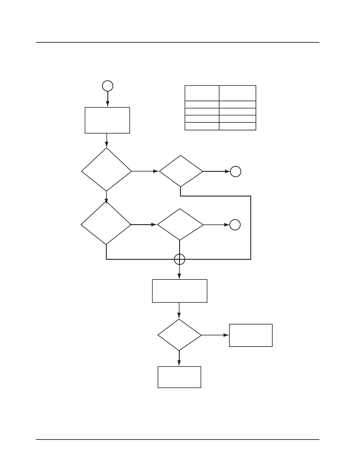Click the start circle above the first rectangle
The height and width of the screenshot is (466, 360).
click(108, 86)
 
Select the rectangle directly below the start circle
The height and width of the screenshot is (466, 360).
click(107, 120)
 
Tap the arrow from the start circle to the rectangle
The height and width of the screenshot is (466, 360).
click(108, 99)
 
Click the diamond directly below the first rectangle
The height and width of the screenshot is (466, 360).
click(106, 170)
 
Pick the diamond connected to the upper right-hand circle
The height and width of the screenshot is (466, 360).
click(181, 171)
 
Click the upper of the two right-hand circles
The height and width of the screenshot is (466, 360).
click(236, 171)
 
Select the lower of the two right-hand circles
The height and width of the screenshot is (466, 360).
click(235, 225)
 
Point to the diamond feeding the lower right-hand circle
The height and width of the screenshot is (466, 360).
click(180, 225)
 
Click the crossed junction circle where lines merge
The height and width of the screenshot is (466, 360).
click(180, 259)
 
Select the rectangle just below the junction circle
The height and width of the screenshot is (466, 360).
click(180, 291)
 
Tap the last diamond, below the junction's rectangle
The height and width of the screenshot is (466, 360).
click(179, 335)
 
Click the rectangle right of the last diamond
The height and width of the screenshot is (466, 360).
click(251, 335)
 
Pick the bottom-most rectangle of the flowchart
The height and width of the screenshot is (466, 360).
click(179, 377)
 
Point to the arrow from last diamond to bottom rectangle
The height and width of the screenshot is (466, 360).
click(179, 358)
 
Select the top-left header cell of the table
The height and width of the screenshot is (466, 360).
click(202, 93)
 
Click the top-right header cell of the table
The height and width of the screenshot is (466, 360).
click(238, 93)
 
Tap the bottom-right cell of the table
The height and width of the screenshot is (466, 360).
click(238, 127)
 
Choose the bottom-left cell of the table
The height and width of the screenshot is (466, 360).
click(202, 127)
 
